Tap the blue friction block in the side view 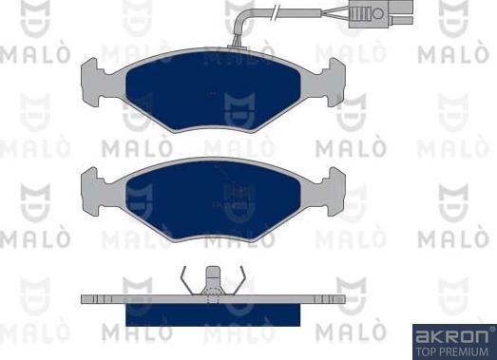coord(211,313)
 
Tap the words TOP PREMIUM coord(452,350)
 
